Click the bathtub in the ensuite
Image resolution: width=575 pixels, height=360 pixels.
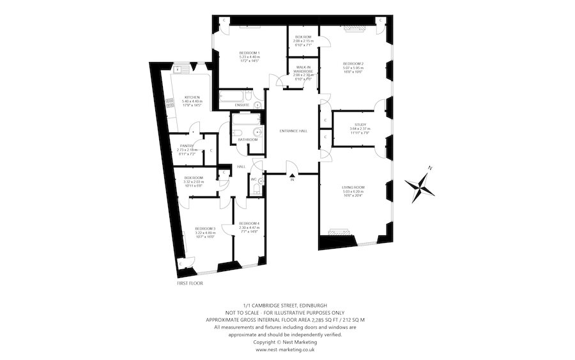pos(233,98)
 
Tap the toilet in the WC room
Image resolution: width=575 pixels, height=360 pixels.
pos(260,182)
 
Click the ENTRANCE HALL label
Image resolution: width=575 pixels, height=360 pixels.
pos(294,131)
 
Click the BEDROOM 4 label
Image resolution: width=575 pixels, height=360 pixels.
pos(249,224)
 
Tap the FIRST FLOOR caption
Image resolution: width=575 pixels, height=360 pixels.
pos(190,281)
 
